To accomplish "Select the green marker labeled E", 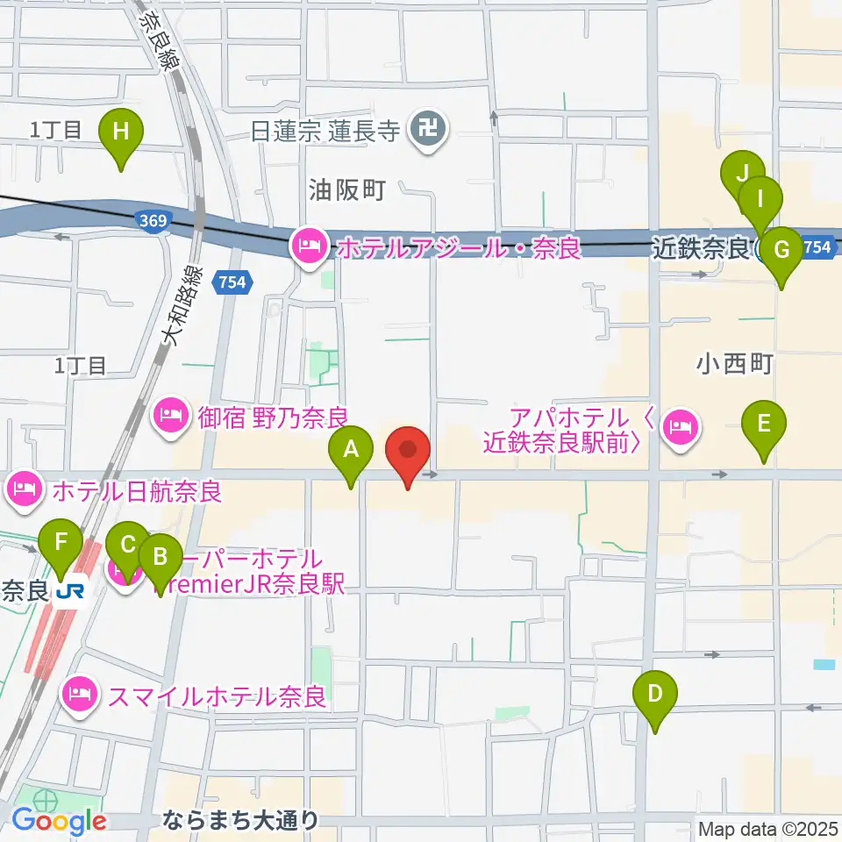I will tap(763, 425).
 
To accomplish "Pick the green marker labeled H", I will tap(122, 132).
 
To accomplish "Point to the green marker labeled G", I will tap(780, 249).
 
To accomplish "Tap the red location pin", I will tap(408, 452).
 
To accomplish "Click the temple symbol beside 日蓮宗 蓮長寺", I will tap(429, 132).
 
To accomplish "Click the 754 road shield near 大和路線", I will tap(232, 282).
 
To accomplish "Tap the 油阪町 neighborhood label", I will tap(347, 190).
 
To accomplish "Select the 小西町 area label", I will tap(735, 364).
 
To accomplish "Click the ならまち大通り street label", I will tap(241, 822).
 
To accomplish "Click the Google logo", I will tap(59, 821).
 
